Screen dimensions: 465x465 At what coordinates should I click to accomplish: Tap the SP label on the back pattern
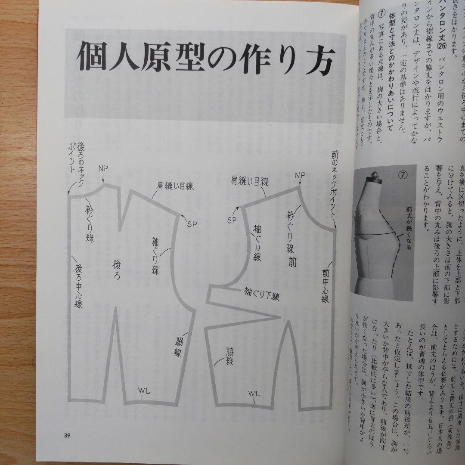192,223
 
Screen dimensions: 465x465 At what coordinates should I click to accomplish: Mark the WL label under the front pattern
254,394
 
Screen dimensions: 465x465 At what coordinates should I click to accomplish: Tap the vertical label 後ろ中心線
79,286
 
